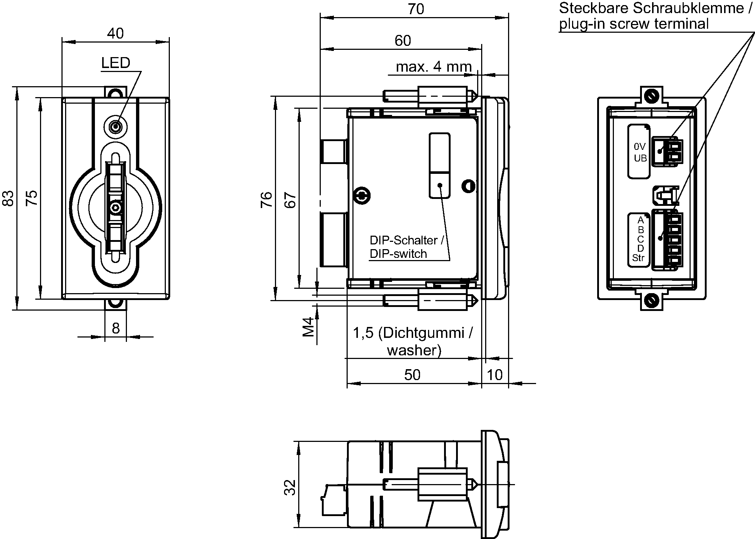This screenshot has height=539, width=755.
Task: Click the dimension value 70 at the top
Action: [x=416, y=9]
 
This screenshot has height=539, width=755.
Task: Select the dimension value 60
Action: [x=403, y=41]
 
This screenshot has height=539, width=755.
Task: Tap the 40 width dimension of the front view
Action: [x=115, y=33]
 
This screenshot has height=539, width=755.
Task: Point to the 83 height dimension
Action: [x=8, y=198]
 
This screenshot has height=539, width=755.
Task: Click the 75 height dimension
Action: [x=32, y=198]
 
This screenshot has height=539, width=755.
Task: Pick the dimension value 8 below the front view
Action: [x=116, y=328]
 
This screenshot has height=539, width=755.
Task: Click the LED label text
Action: [x=116, y=63]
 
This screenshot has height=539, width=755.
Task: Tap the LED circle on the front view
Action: [x=116, y=127]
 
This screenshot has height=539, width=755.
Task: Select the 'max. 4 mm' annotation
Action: [x=434, y=67]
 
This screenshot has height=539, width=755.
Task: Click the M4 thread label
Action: [x=308, y=327]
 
